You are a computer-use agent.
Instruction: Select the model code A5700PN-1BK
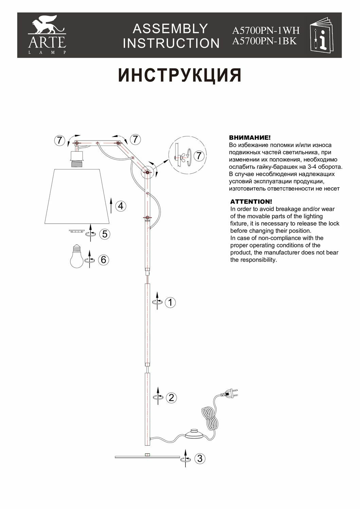(265, 41)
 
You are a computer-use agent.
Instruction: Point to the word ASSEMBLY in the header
(170, 29)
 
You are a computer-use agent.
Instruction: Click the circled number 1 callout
(170, 302)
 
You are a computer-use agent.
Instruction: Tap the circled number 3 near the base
(200, 459)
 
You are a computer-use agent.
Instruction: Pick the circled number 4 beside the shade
(121, 206)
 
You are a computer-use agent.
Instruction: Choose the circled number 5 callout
(105, 234)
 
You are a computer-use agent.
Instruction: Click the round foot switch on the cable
(194, 434)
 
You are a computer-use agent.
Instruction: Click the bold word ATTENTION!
(251, 202)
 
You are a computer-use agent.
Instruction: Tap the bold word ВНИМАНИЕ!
(250, 138)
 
